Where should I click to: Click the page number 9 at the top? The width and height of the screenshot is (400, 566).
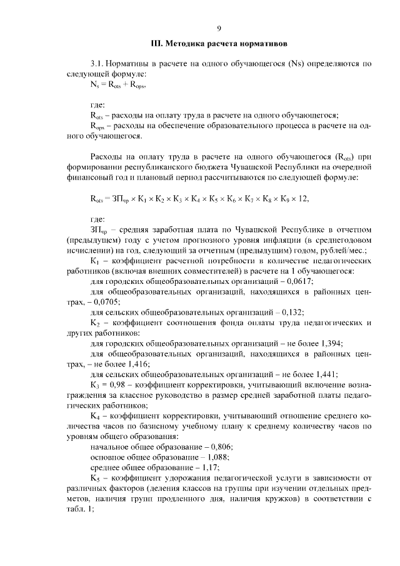click(x=219, y=28)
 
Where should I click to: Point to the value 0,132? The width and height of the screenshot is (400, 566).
click(x=292, y=311)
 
